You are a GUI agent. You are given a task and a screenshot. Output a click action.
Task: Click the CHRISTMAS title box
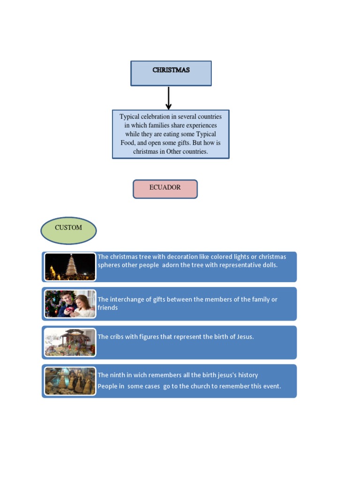[x=171, y=73]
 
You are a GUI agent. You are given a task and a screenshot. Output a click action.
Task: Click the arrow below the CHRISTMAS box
[x=169, y=98]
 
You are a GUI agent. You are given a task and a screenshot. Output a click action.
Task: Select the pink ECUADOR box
[x=165, y=189]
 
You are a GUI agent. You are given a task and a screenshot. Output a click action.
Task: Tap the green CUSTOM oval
[x=68, y=230]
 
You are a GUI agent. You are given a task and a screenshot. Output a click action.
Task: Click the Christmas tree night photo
[x=70, y=267]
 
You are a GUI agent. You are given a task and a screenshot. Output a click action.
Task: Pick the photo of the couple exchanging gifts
[x=70, y=304]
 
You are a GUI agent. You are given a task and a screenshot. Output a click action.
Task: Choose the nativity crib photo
[x=70, y=342]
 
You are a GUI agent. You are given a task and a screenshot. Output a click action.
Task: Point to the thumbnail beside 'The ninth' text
[x=70, y=381]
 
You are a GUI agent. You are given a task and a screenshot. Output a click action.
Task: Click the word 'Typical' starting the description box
[x=130, y=117]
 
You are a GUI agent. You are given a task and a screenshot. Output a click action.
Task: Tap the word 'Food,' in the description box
[x=128, y=143]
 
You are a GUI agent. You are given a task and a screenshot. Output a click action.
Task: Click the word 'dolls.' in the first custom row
[x=269, y=265]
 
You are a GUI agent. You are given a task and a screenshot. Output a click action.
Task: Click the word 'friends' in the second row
[x=107, y=308]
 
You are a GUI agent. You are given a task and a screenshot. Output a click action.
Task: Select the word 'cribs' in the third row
[x=119, y=337]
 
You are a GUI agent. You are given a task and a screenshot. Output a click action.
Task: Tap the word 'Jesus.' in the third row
[x=243, y=337]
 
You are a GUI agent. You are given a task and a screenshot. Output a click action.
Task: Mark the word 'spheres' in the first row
[x=110, y=265]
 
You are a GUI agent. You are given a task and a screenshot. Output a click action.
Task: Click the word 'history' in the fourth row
[x=247, y=375]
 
